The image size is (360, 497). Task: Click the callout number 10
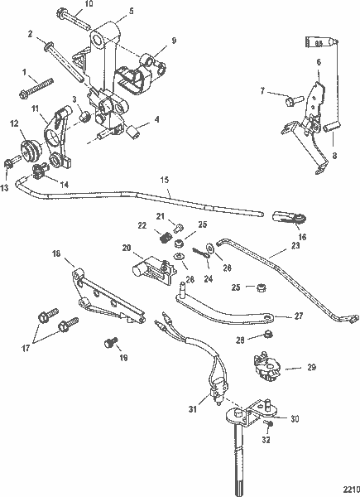click(89, 4)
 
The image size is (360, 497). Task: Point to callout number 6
click(318, 62)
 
